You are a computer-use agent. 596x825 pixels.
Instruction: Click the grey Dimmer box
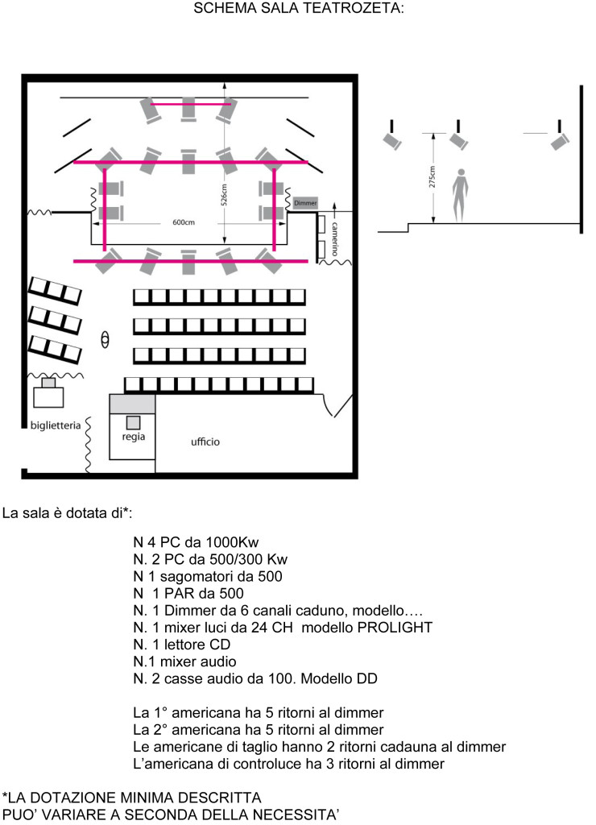point(305,203)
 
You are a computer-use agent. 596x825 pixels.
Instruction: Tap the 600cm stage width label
point(184,222)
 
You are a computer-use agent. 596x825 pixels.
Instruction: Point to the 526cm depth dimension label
point(224,194)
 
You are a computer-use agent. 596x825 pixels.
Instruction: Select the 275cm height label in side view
point(432,176)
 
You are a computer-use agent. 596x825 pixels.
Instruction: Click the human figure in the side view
point(460,195)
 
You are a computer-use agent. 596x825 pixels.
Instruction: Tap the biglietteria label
point(56,425)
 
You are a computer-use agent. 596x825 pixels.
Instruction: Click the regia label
point(133,437)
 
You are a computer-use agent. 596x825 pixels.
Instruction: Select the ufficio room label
point(205,442)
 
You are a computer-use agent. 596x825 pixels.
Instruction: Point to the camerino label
point(334,238)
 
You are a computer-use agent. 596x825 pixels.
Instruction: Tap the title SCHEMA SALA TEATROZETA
point(298,8)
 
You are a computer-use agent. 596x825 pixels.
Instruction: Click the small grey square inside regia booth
point(134,422)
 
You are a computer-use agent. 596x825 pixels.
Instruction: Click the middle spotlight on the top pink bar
point(188,109)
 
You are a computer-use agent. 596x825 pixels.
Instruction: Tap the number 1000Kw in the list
point(232,542)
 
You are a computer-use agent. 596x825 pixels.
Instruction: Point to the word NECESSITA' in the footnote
point(296,815)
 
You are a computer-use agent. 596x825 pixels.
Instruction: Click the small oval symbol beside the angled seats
point(105,339)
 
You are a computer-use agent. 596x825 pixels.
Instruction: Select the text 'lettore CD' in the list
point(197,645)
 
